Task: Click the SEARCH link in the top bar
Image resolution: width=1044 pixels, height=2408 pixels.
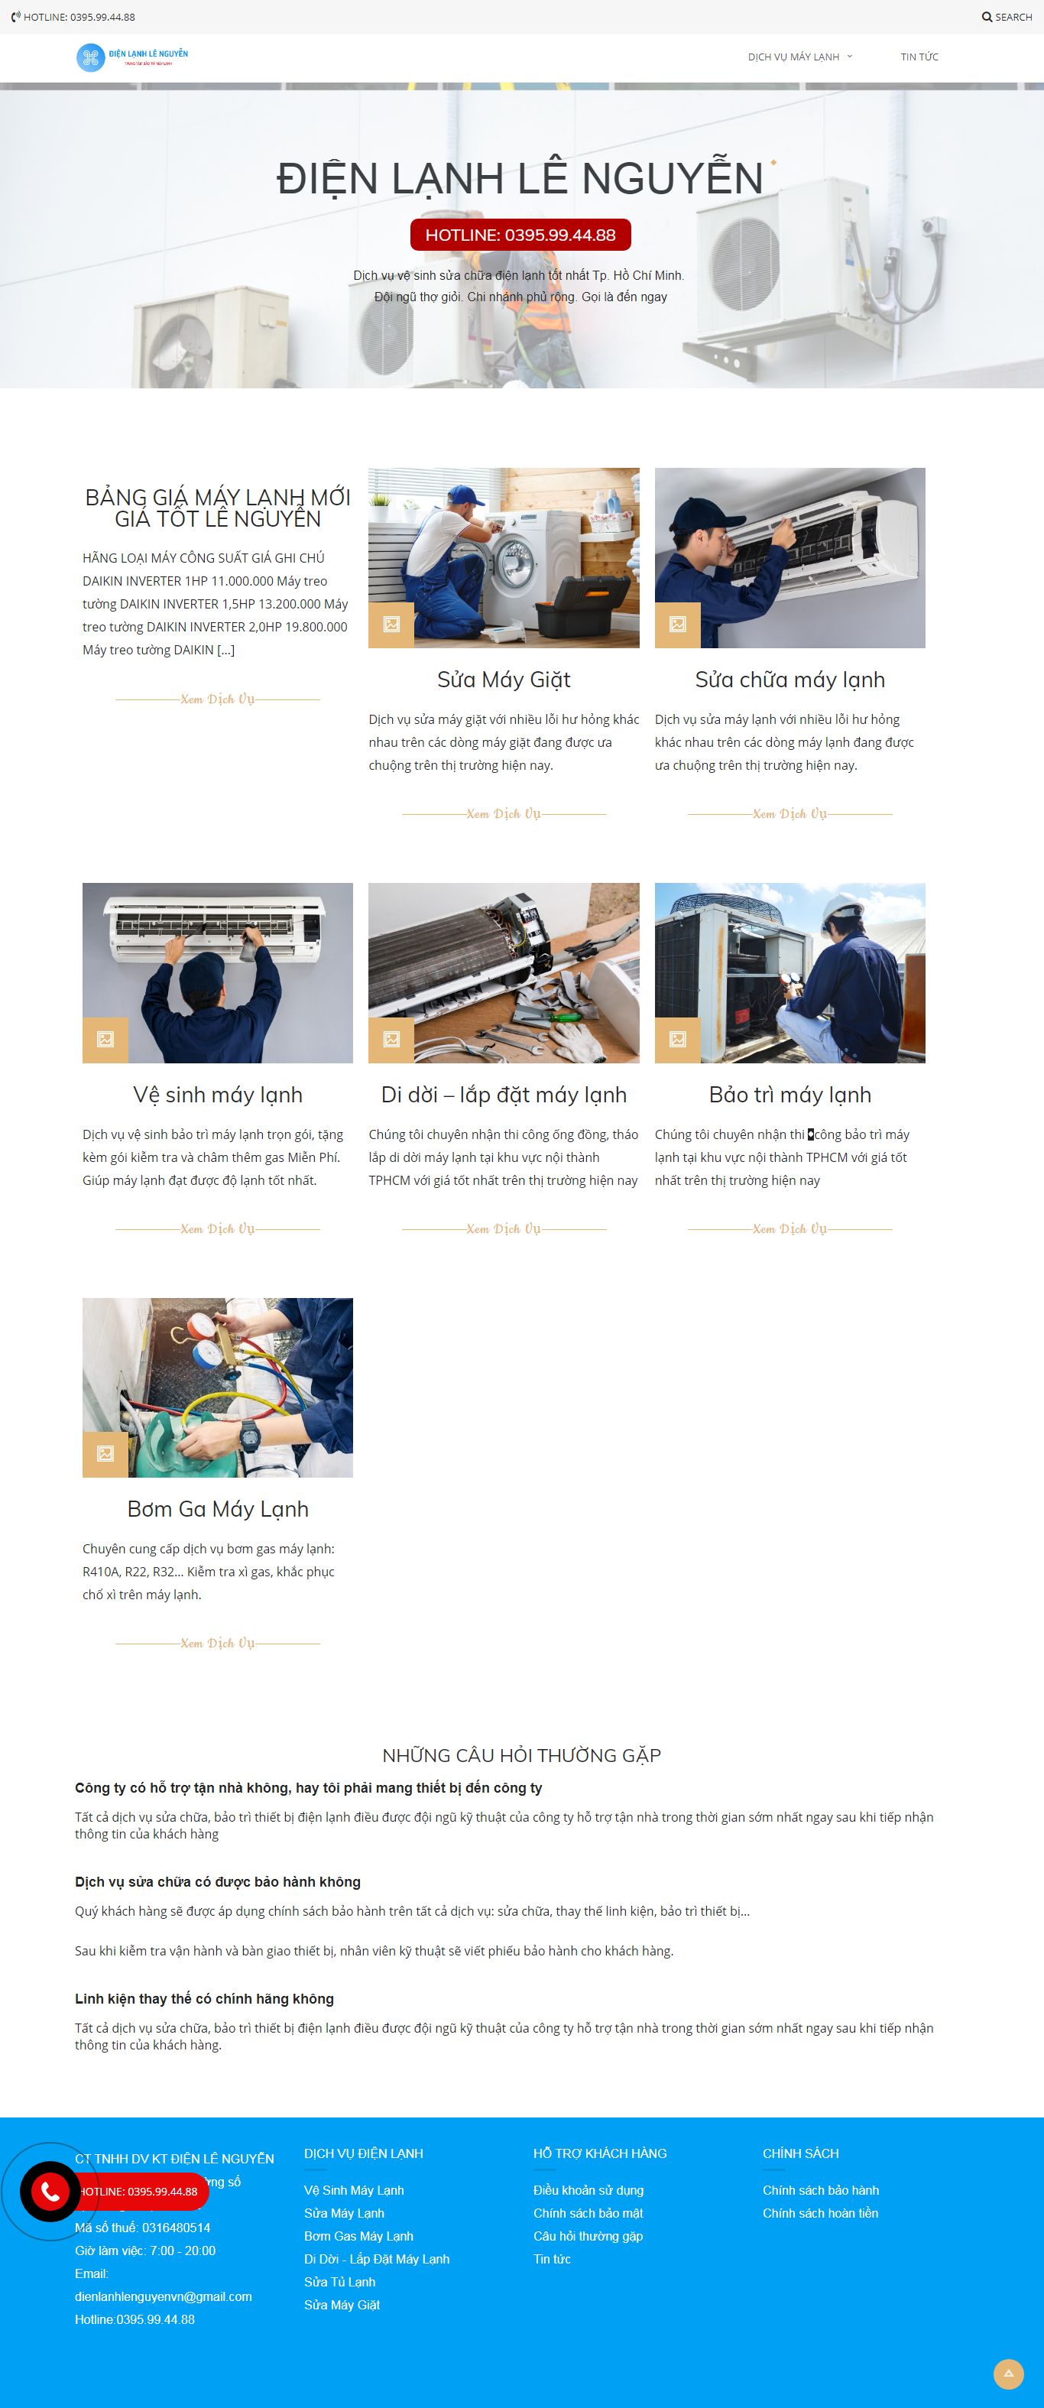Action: tap(1007, 17)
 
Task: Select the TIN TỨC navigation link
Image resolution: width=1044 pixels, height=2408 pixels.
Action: tap(919, 57)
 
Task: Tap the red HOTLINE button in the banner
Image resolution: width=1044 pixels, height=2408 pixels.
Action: tap(520, 235)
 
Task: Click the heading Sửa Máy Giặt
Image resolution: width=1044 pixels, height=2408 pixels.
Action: tap(504, 680)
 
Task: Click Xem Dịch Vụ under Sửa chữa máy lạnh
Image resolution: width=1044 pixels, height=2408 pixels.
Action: tap(789, 813)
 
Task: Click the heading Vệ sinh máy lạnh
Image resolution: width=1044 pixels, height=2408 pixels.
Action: tap(218, 1095)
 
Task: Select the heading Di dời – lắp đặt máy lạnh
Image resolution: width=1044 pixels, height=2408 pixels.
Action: tap(504, 1095)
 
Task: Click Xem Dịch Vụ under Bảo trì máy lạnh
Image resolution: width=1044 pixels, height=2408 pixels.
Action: tap(789, 1228)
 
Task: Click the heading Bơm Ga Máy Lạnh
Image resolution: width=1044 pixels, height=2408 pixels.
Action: tap(218, 1509)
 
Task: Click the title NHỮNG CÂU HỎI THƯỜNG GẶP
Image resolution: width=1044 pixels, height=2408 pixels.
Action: tap(521, 1755)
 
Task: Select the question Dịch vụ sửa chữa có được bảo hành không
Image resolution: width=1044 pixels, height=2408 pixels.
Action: tap(218, 1882)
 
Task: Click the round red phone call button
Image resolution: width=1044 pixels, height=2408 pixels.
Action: tap(50, 2191)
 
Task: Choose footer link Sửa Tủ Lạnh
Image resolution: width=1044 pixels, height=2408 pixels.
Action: tap(339, 2282)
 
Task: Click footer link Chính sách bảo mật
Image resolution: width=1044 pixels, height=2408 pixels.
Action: tap(588, 2212)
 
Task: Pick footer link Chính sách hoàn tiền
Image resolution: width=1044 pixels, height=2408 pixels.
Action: tap(819, 2212)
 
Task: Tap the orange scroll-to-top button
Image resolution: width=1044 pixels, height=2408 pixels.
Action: tap(1007, 2374)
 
